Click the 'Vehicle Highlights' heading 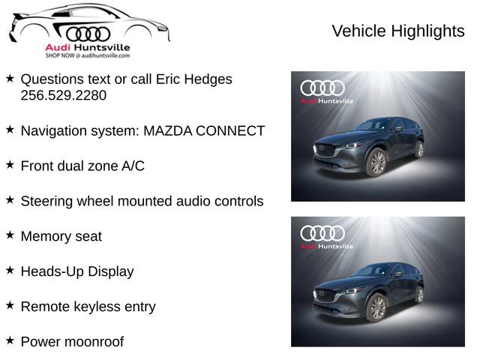coord(397,31)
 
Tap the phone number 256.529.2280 coord(64,95)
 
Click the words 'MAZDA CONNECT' coord(204,130)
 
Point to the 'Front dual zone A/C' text coord(82,166)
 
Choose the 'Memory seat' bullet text coord(61,236)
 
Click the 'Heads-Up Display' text coord(77,271)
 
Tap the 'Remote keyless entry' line coord(88,307)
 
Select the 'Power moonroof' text coord(72,342)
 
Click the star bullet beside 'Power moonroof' coord(10,340)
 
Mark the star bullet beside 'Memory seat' coord(10,235)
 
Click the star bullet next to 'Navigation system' coord(10,129)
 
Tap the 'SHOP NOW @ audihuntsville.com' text coord(87,55)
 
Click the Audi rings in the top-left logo coord(88,33)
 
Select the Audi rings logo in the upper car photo coord(322,88)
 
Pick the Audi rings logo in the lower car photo coord(322,233)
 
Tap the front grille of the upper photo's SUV coord(326,149)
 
